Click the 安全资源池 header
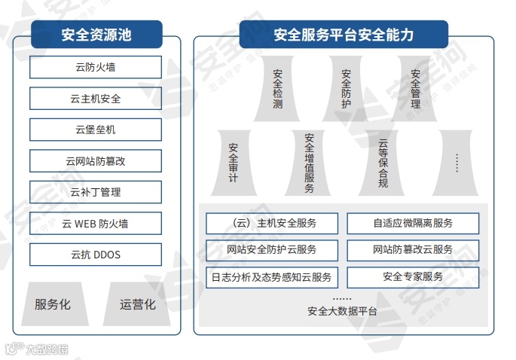coord(96,34)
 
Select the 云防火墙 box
coord(96,67)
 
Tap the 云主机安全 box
coord(96,99)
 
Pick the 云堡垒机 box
coord(96,130)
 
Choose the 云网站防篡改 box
coord(96,161)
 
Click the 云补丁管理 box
coord(96,192)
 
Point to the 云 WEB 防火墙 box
coord(96,224)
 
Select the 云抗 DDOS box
coord(96,255)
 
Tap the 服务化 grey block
coord(53,304)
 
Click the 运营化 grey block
coord(138,304)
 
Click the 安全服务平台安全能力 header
coord(343,35)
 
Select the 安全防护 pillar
coord(347,90)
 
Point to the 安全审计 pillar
coord(233,162)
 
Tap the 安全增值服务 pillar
coord(309,163)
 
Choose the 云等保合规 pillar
coord(383,163)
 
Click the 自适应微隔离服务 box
coord(413,224)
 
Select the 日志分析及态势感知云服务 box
coord(272,276)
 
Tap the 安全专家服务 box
coord(413,276)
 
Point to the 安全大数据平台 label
coord(343,311)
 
